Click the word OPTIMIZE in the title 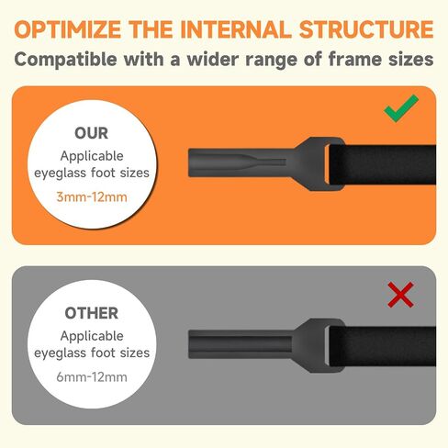67,29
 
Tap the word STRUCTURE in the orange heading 366,29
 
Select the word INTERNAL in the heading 236,29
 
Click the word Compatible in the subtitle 65,60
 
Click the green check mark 400,109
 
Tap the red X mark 400,295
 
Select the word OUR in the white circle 92,133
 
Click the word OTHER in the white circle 92,313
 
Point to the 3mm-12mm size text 92,197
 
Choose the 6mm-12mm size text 92,377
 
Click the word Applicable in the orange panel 92,156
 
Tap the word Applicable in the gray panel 92,336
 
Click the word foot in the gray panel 104,353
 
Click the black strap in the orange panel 383,164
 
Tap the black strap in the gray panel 383,346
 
